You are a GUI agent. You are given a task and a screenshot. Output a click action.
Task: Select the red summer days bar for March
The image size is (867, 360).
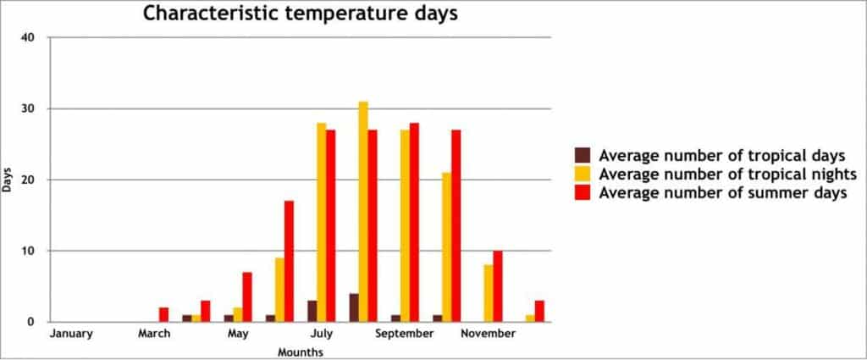coord(163,314)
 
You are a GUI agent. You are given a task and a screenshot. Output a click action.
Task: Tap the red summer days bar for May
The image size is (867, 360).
coord(247,296)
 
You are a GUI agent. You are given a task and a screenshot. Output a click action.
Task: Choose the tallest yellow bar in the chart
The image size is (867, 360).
coord(363,212)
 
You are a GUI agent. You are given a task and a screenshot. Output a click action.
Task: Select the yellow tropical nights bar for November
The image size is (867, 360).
coord(489,293)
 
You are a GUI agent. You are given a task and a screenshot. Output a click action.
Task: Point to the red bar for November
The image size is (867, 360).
coord(498,286)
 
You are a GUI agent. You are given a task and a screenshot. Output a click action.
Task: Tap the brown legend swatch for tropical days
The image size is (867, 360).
coord(583,155)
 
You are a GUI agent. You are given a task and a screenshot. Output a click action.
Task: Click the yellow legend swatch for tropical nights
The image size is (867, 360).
coord(583,174)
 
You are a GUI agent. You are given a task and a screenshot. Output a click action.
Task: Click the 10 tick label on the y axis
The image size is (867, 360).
coord(30,251)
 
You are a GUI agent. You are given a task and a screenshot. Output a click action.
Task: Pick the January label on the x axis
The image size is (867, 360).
coord(71,334)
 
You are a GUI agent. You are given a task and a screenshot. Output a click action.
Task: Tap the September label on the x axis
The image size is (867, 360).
coord(405,334)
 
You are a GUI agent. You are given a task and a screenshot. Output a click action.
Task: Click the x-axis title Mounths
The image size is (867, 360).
coord(301,351)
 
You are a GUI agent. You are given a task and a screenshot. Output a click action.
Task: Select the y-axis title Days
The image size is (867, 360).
coord(8,180)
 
